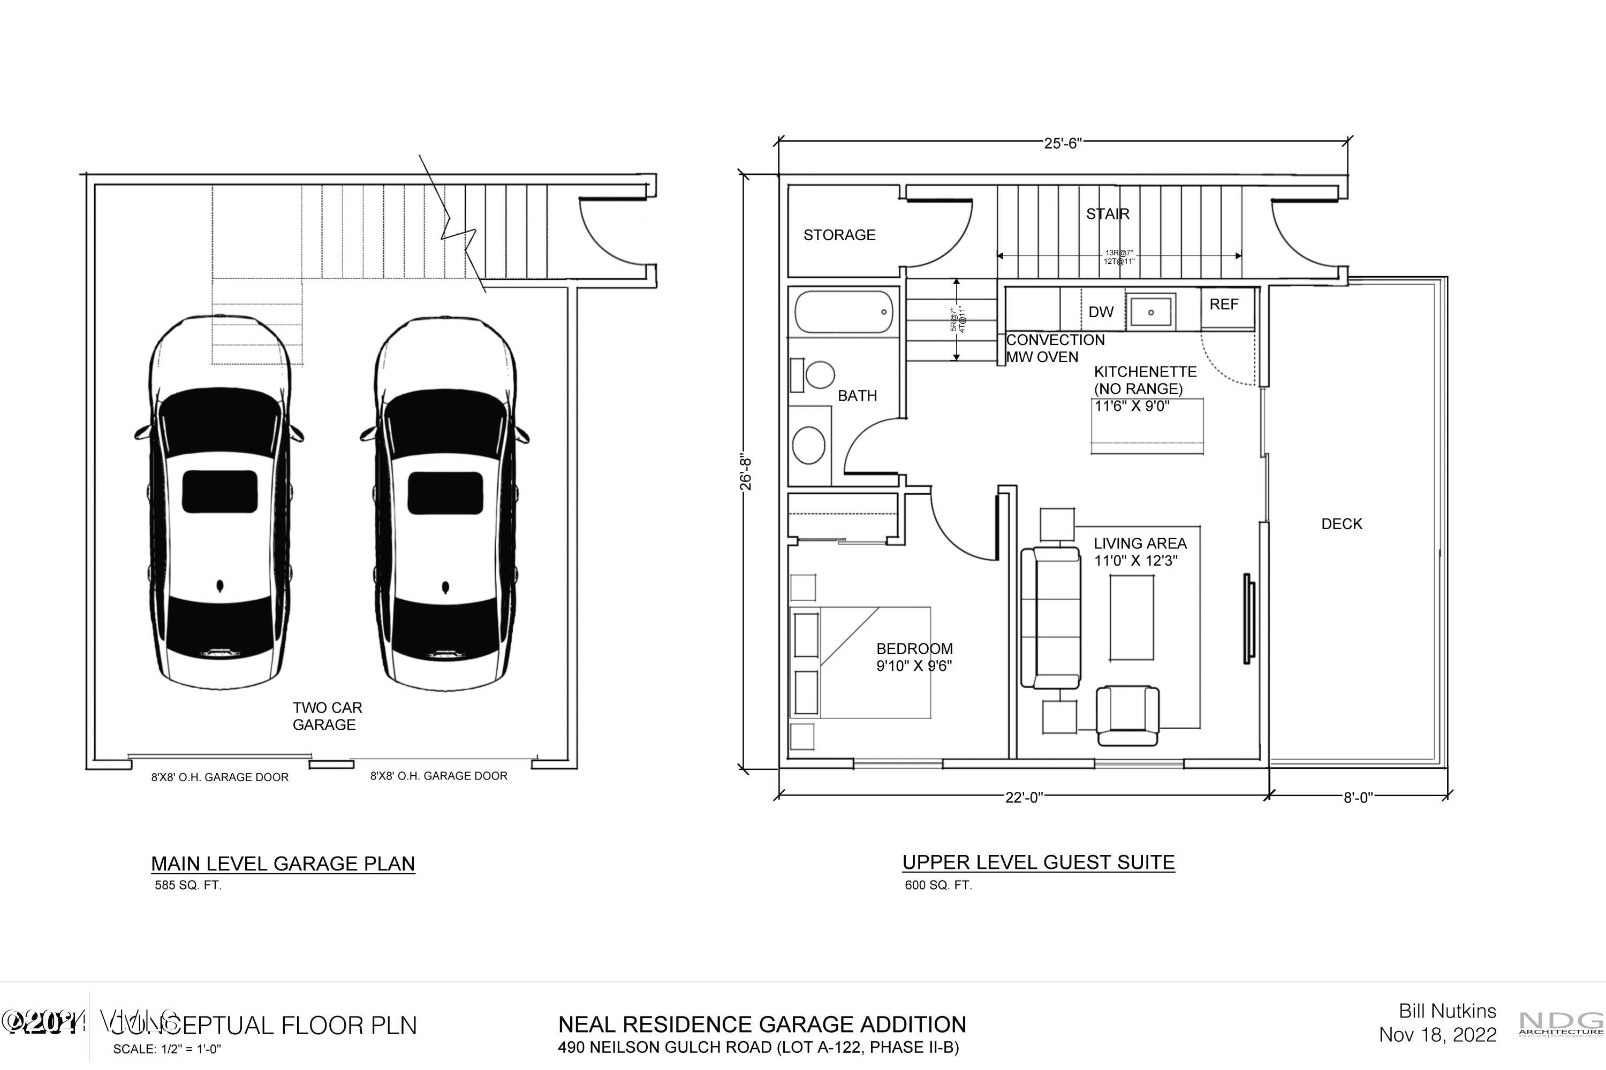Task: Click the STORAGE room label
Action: click(839, 235)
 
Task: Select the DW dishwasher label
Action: click(1101, 312)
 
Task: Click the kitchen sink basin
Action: click(1150, 312)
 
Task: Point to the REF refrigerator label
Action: click(1224, 304)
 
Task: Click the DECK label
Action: click(1342, 524)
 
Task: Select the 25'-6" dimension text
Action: click(1063, 143)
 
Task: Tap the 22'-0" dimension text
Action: click(1024, 797)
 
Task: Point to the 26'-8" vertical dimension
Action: click(746, 473)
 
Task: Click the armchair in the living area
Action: click(1127, 716)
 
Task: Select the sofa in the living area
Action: click(1051, 617)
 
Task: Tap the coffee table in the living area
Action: click(1132, 617)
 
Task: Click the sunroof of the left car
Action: click(220, 491)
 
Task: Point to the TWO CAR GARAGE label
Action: click(327, 716)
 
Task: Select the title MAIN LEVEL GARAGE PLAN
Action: click(283, 863)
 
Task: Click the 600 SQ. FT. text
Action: click(938, 885)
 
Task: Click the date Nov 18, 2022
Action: click(1437, 1035)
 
